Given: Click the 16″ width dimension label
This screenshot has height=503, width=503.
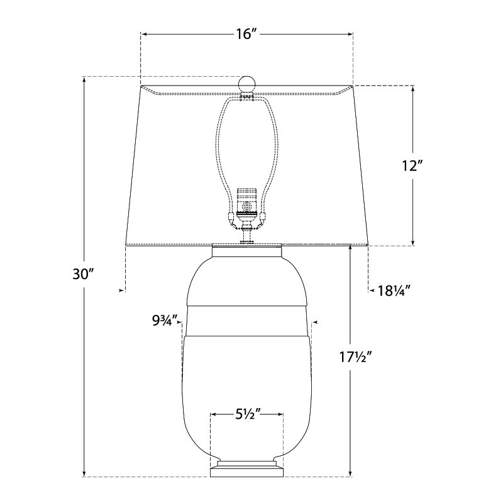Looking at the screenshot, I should pyautogui.click(x=246, y=35).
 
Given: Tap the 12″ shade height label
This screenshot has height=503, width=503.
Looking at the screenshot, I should pyautogui.click(x=412, y=166).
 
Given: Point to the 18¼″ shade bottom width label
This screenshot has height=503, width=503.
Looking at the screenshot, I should pyautogui.click(x=394, y=290).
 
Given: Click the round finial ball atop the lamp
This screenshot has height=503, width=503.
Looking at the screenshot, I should pyautogui.click(x=246, y=84).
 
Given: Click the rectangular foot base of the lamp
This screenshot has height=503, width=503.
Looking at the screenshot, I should pyautogui.click(x=246, y=471).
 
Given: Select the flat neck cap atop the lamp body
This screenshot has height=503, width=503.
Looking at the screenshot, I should pyautogui.click(x=246, y=250).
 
